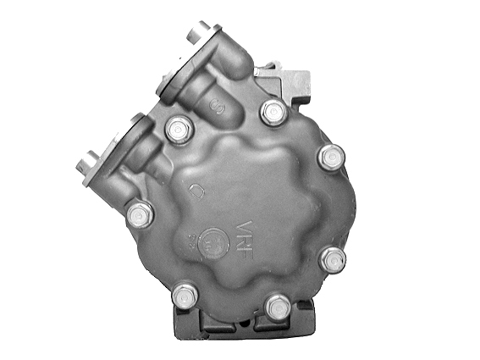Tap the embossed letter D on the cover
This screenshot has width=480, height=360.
(200, 193)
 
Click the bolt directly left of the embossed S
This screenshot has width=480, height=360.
(178, 130)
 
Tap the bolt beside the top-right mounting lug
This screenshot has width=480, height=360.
(273, 111)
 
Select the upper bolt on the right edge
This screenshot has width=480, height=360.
(332, 157)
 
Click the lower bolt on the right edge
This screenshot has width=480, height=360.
(334, 259)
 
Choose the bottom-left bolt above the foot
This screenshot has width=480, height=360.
(184, 296)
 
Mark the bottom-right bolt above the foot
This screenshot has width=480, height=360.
(277, 306)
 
